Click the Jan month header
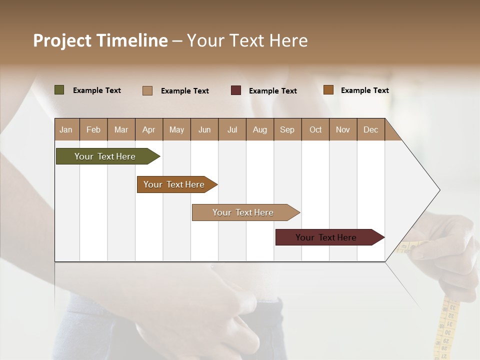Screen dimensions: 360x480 (66, 129)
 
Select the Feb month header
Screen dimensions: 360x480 (93, 129)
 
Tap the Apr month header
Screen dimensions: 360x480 (148, 129)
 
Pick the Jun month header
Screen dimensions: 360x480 (204, 129)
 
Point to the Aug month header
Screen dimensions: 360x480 (259, 129)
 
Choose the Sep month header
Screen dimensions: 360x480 (287, 129)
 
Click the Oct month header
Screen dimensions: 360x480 (315, 129)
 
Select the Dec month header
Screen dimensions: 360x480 (370, 129)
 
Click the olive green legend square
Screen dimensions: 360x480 (59, 90)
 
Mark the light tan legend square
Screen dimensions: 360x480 (147, 90)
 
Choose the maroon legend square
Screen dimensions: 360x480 (236, 90)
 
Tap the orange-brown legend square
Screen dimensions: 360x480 (328, 90)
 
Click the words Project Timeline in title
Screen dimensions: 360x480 (100, 40)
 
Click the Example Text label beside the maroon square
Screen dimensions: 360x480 (272, 91)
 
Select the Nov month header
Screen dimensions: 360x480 (342, 129)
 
